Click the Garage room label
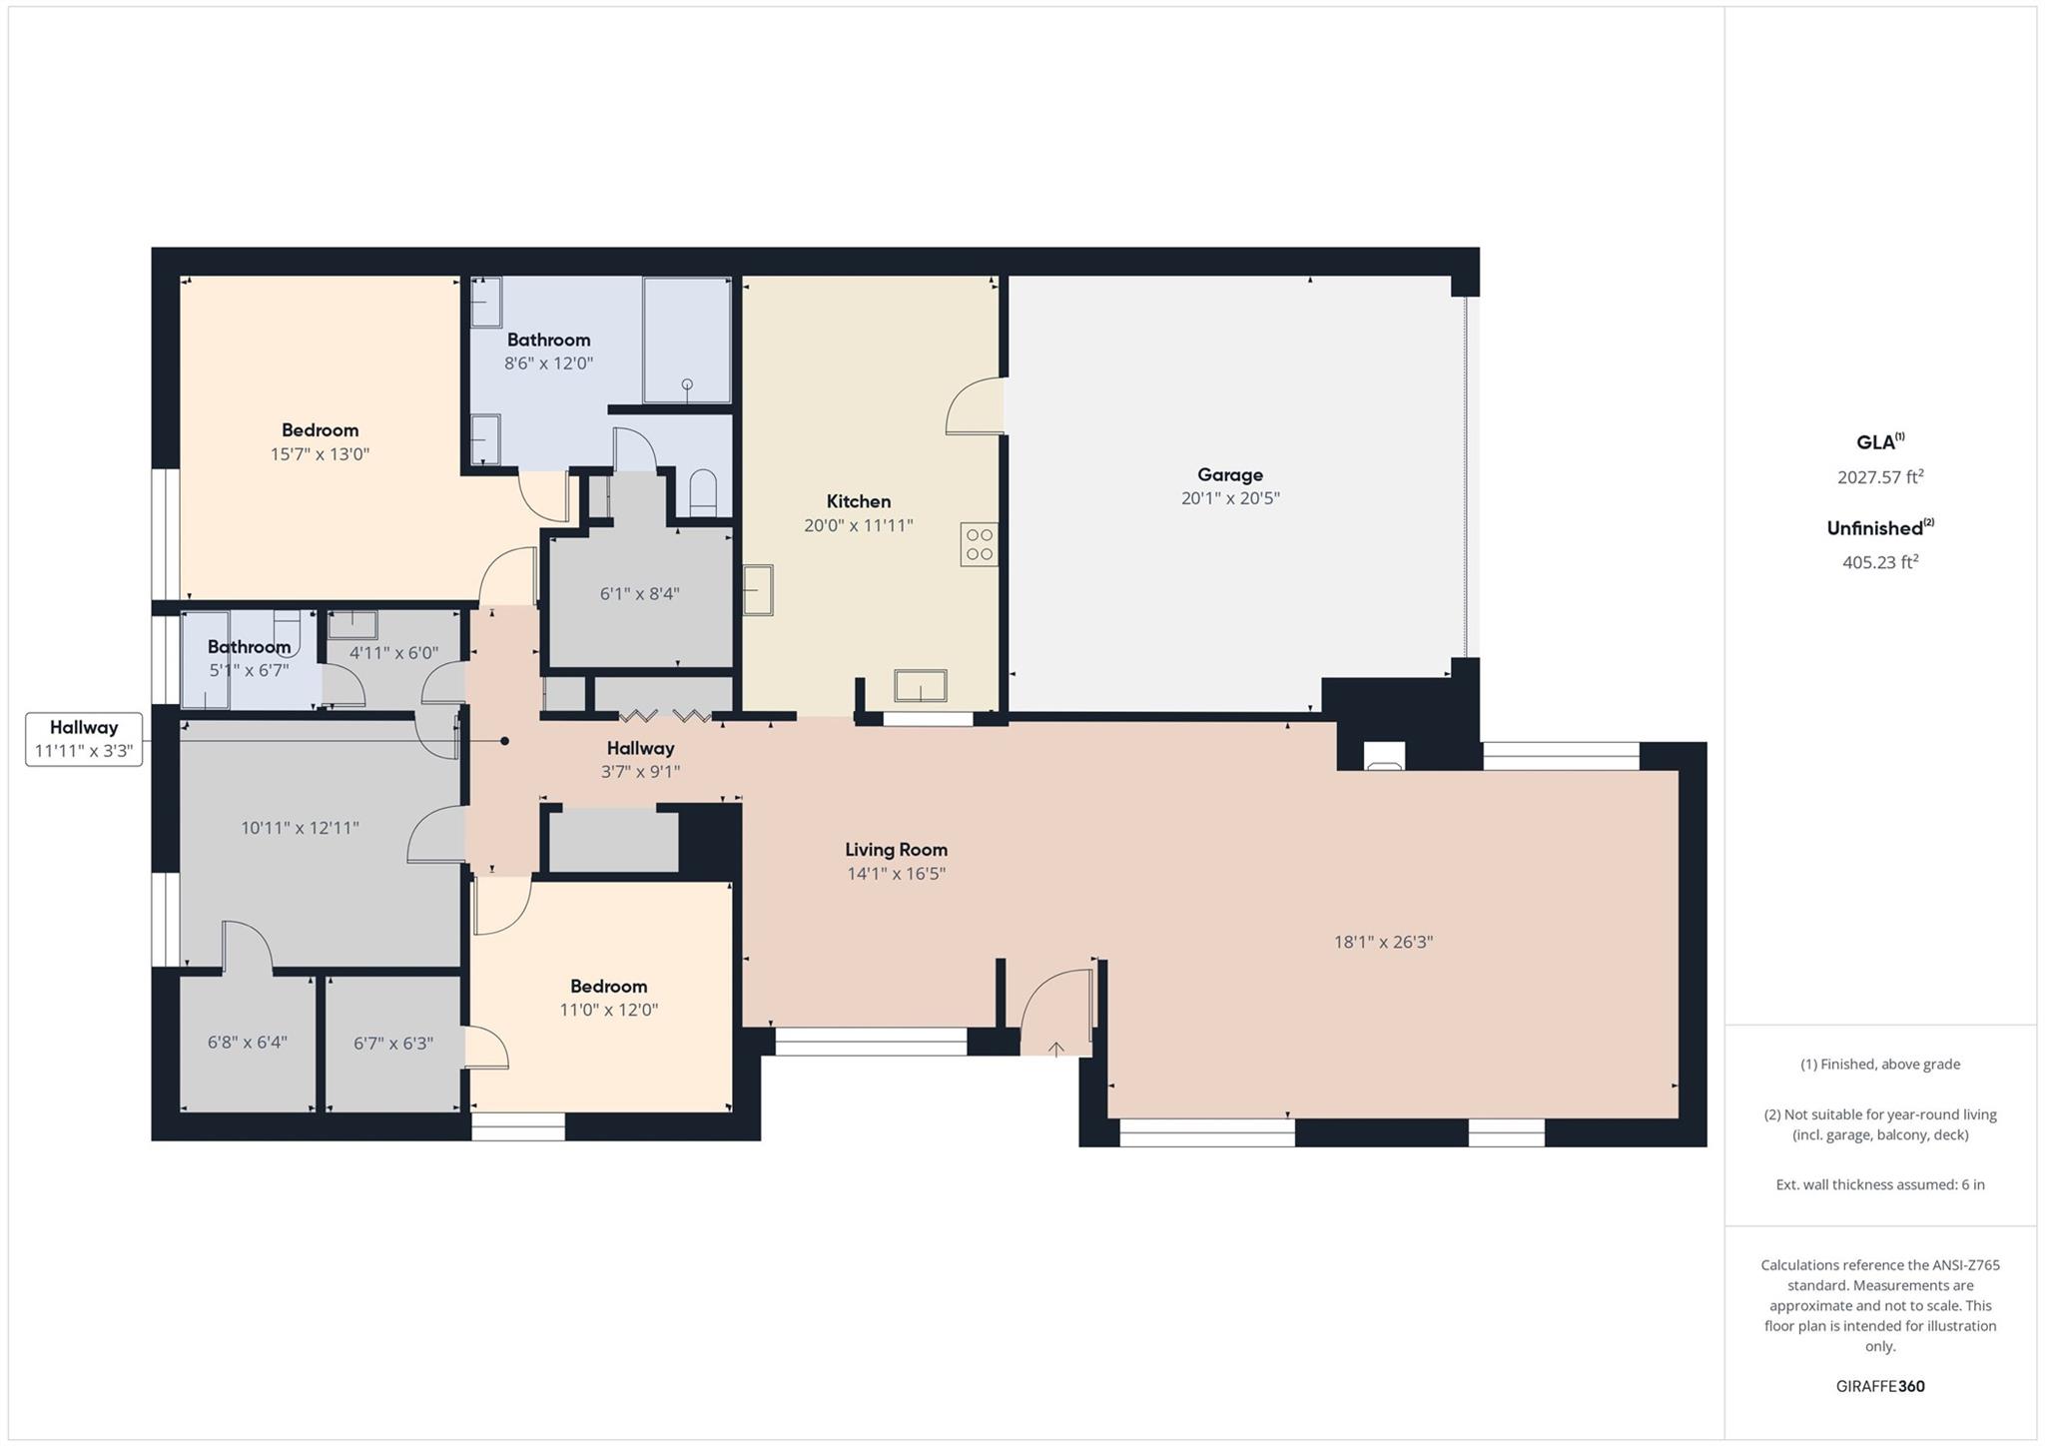tap(1229, 475)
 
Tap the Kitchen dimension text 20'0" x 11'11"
tap(858, 525)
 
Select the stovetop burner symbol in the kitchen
tap(979, 544)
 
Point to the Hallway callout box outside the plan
tap(84, 739)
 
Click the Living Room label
tap(896, 850)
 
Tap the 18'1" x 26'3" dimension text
tap(1383, 942)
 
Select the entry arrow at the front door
tap(1055, 1049)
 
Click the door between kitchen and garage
tap(976, 407)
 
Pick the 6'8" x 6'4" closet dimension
tap(247, 1043)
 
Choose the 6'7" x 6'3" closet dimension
tap(393, 1044)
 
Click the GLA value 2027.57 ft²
tap(1879, 477)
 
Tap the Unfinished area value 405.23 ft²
tap(1879, 562)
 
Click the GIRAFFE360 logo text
tap(1879, 1386)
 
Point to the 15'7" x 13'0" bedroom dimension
tap(320, 454)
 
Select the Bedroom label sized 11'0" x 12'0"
tap(608, 987)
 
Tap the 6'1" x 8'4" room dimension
tap(639, 594)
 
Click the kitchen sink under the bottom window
tap(920, 686)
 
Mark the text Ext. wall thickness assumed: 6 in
tap(1879, 1184)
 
